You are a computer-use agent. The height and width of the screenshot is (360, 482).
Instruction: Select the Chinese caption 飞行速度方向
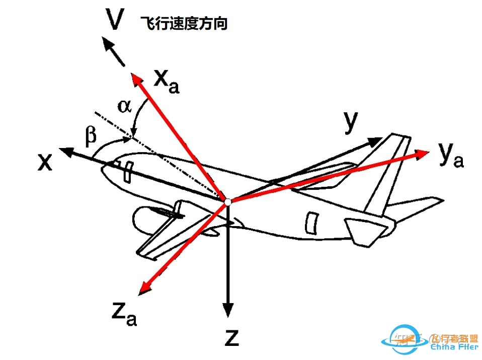click(185, 24)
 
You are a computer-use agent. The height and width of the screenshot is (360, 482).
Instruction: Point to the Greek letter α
click(124, 106)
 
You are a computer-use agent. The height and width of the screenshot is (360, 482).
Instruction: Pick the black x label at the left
click(45, 161)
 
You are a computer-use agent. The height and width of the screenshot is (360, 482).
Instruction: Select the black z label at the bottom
click(231, 337)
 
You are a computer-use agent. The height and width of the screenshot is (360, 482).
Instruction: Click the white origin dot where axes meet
click(228, 201)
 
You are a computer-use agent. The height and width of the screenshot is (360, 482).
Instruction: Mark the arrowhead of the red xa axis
click(135, 78)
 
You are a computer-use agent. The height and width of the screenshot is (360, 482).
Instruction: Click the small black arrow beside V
click(113, 51)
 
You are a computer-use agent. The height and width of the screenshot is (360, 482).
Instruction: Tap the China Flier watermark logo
click(433, 340)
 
